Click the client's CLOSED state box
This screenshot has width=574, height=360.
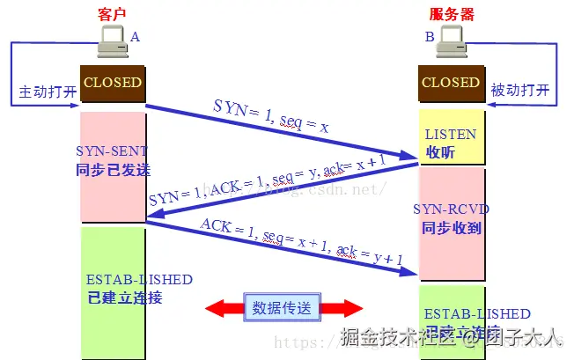point(112,83)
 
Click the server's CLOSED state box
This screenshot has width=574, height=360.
point(451,83)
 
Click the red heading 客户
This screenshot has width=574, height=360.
point(113,13)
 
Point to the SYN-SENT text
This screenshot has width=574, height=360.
point(112,151)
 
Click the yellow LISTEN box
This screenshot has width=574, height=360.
point(451,137)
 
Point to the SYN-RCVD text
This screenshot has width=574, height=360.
point(451,209)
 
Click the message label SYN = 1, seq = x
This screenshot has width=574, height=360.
point(271,116)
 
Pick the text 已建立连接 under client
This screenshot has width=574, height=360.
point(125,298)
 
